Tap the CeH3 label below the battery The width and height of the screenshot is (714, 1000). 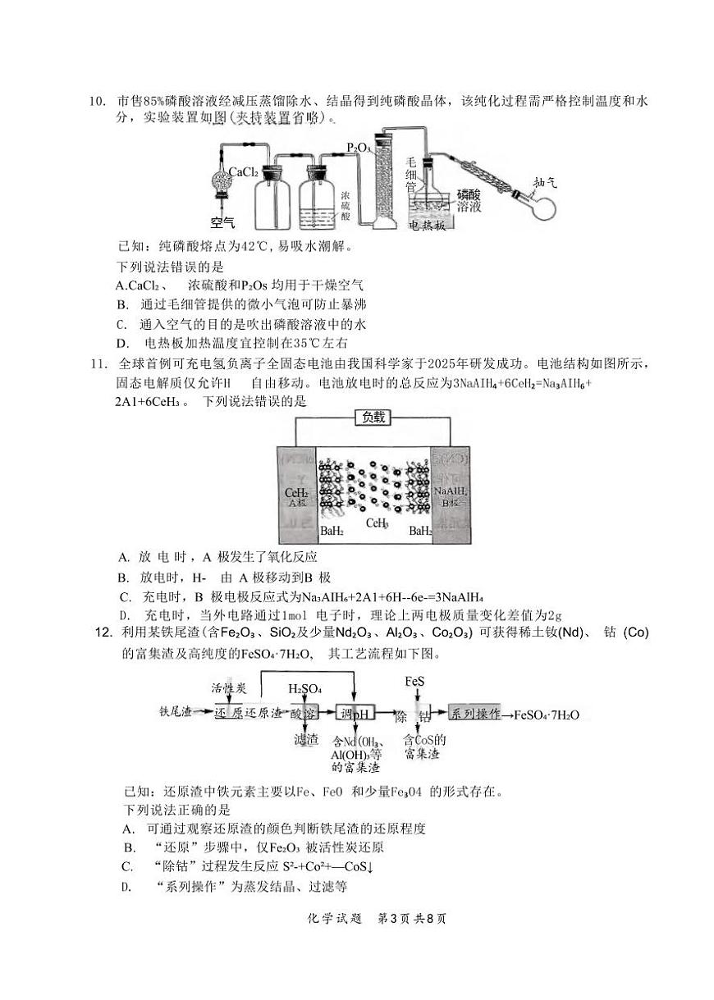coord(378,523)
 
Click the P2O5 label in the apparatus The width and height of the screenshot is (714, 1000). coord(358,148)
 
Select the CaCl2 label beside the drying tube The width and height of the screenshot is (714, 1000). coord(243,172)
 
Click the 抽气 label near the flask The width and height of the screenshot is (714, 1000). coord(544,183)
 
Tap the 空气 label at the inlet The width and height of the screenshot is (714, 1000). coord(222,221)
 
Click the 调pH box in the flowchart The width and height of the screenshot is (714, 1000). coord(355,714)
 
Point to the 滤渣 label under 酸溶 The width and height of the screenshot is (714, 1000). coord(305,740)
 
